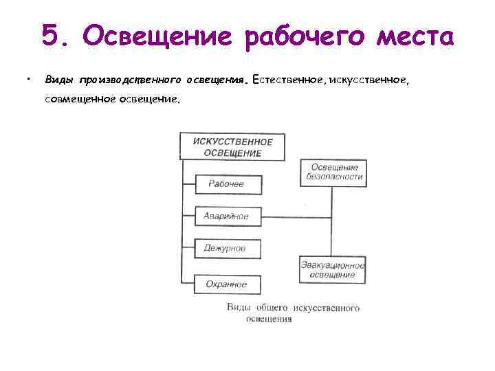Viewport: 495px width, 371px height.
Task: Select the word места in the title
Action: point(419,35)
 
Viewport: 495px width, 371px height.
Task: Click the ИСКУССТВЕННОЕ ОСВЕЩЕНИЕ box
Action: point(232,147)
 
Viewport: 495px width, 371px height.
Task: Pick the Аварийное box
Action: point(226,216)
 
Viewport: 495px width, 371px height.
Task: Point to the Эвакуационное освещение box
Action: point(333,269)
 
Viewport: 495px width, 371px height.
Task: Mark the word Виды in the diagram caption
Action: point(238,308)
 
